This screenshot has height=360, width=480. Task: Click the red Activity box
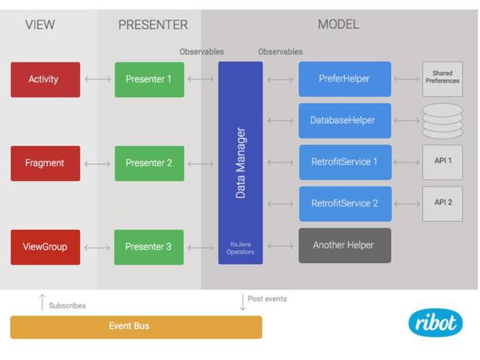point(46,80)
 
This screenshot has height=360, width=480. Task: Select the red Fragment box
point(46,163)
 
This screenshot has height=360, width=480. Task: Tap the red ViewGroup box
point(46,247)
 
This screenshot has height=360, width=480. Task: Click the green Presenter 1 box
point(149,80)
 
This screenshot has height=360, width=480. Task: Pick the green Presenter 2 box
point(149,163)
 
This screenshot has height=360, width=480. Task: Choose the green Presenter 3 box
point(149,247)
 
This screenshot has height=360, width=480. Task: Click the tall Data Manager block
point(241,163)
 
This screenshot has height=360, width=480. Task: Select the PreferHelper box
point(344,79)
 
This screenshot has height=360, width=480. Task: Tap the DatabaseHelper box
point(344,121)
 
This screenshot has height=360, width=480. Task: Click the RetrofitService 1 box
point(346,162)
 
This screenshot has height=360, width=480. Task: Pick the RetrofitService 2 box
point(346,204)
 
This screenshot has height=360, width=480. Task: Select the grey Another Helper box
point(344,245)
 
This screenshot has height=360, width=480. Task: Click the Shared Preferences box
point(442,79)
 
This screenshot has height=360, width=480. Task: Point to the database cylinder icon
point(442,121)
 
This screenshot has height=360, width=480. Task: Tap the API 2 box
point(442,204)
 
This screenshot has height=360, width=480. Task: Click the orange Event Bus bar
point(136,327)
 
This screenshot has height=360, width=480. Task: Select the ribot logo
point(436,323)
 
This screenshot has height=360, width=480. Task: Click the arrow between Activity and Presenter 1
point(97,79)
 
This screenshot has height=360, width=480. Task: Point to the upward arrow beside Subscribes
point(42,302)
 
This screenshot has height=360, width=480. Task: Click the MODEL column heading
point(338,25)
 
